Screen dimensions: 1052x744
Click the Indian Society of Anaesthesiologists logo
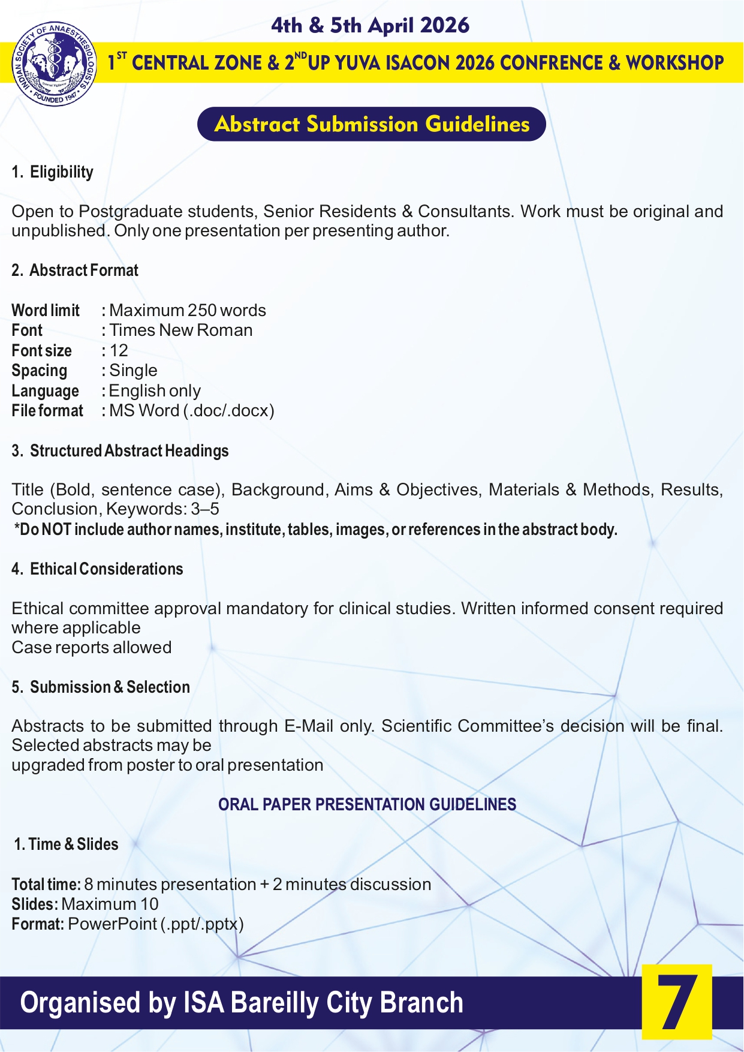(54, 64)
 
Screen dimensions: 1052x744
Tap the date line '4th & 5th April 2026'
(370, 25)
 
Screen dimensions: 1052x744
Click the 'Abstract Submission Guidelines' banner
(372, 124)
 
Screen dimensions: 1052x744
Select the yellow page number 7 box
(677, 1002)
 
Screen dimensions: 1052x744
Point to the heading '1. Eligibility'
(53, 172)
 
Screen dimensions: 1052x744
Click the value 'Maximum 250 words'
(188, 310)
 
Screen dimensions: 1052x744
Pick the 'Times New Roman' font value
(180, 330)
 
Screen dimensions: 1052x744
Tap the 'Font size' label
(41, 350)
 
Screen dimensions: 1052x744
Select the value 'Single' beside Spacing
(133, 371)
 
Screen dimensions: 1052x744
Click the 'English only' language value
(155, 391)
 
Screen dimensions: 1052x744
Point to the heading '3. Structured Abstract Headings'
(120, 451)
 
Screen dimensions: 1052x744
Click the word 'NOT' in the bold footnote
(56, 530)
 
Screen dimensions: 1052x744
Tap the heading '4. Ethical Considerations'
(97, 569)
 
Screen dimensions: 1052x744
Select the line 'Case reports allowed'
(92, 648)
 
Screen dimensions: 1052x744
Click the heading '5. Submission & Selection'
(101, 687)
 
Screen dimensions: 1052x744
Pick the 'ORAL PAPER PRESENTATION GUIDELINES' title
(367, 805)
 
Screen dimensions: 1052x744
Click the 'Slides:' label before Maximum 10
(35, 904)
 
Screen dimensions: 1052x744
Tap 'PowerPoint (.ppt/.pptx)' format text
(156, 924)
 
